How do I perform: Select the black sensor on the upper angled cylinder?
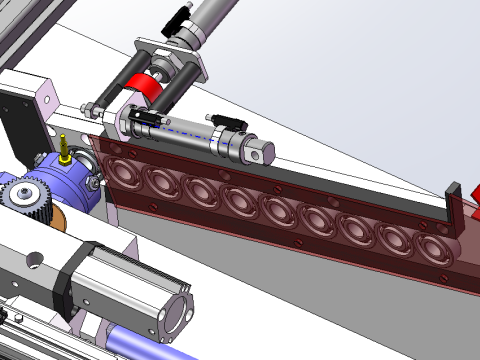(180, 16)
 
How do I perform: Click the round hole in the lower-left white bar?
(36, 263)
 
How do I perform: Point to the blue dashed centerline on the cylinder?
(190, 128)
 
